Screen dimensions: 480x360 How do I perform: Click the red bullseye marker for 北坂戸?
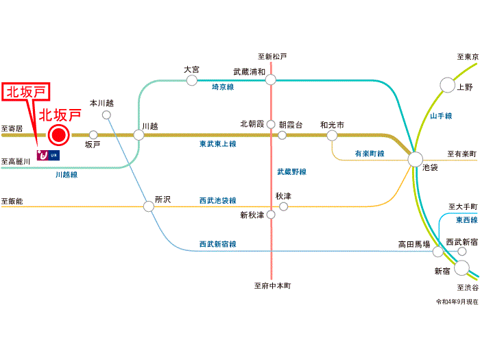click(58, 135)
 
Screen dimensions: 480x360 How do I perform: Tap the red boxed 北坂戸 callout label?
click(26, 91)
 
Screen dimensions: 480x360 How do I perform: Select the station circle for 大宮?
click(192, 80)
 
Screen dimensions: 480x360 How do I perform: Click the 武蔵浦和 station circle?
click(271, 80)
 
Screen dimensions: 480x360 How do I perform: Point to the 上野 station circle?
click(447, 85)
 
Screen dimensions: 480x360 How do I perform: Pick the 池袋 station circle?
click(416, 160)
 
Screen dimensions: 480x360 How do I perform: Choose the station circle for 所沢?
click(149, 206)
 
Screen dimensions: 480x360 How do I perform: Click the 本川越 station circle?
click(106, 115)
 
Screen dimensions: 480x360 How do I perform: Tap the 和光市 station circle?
click(332, 135)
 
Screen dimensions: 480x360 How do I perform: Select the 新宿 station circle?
click(461, 268)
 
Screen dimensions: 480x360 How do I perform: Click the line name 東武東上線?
click(217, 144)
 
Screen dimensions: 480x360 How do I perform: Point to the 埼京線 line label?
click(223, 87)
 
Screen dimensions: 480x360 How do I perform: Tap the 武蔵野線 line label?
click(291, 171)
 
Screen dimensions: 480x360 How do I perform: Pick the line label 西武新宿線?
click(217, 244)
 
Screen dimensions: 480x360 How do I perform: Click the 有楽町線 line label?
click(370, 154)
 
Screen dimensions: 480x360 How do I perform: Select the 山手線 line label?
click(441, 116)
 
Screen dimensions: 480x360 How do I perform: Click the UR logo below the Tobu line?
click(48, 155)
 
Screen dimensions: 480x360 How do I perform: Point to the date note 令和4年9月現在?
click(457, 302)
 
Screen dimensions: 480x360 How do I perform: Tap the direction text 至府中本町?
click(272, 286)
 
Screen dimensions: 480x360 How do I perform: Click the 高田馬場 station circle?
click(437, 252)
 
